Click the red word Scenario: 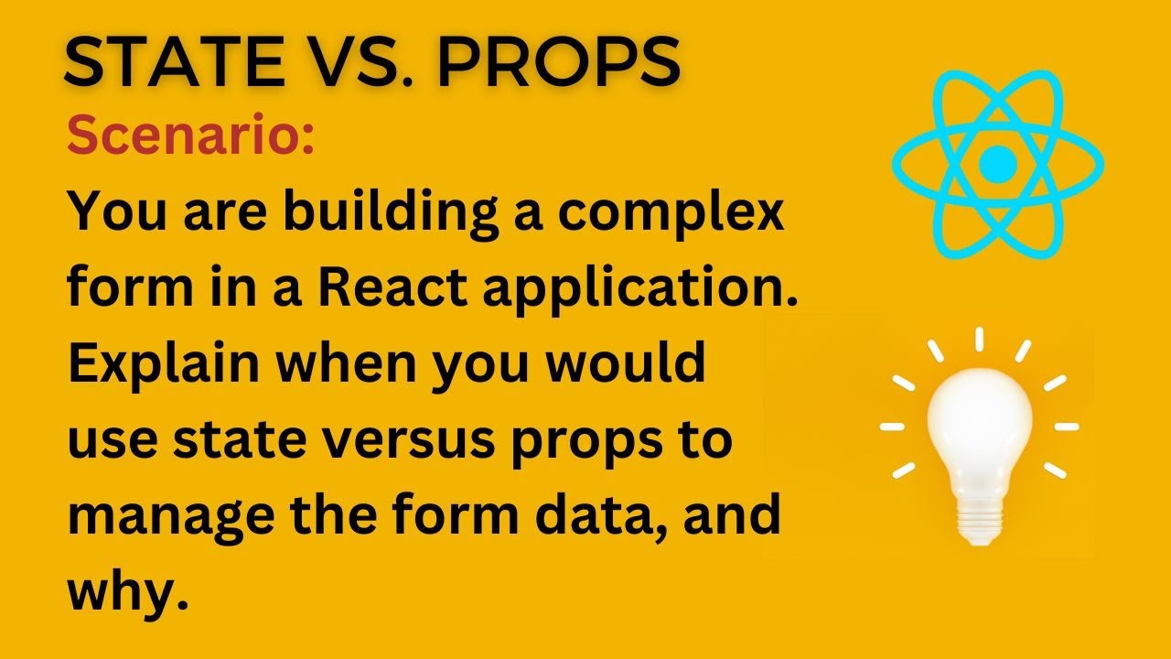point(191,138)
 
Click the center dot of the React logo point(997,165)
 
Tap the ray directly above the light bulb point(978,339)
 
